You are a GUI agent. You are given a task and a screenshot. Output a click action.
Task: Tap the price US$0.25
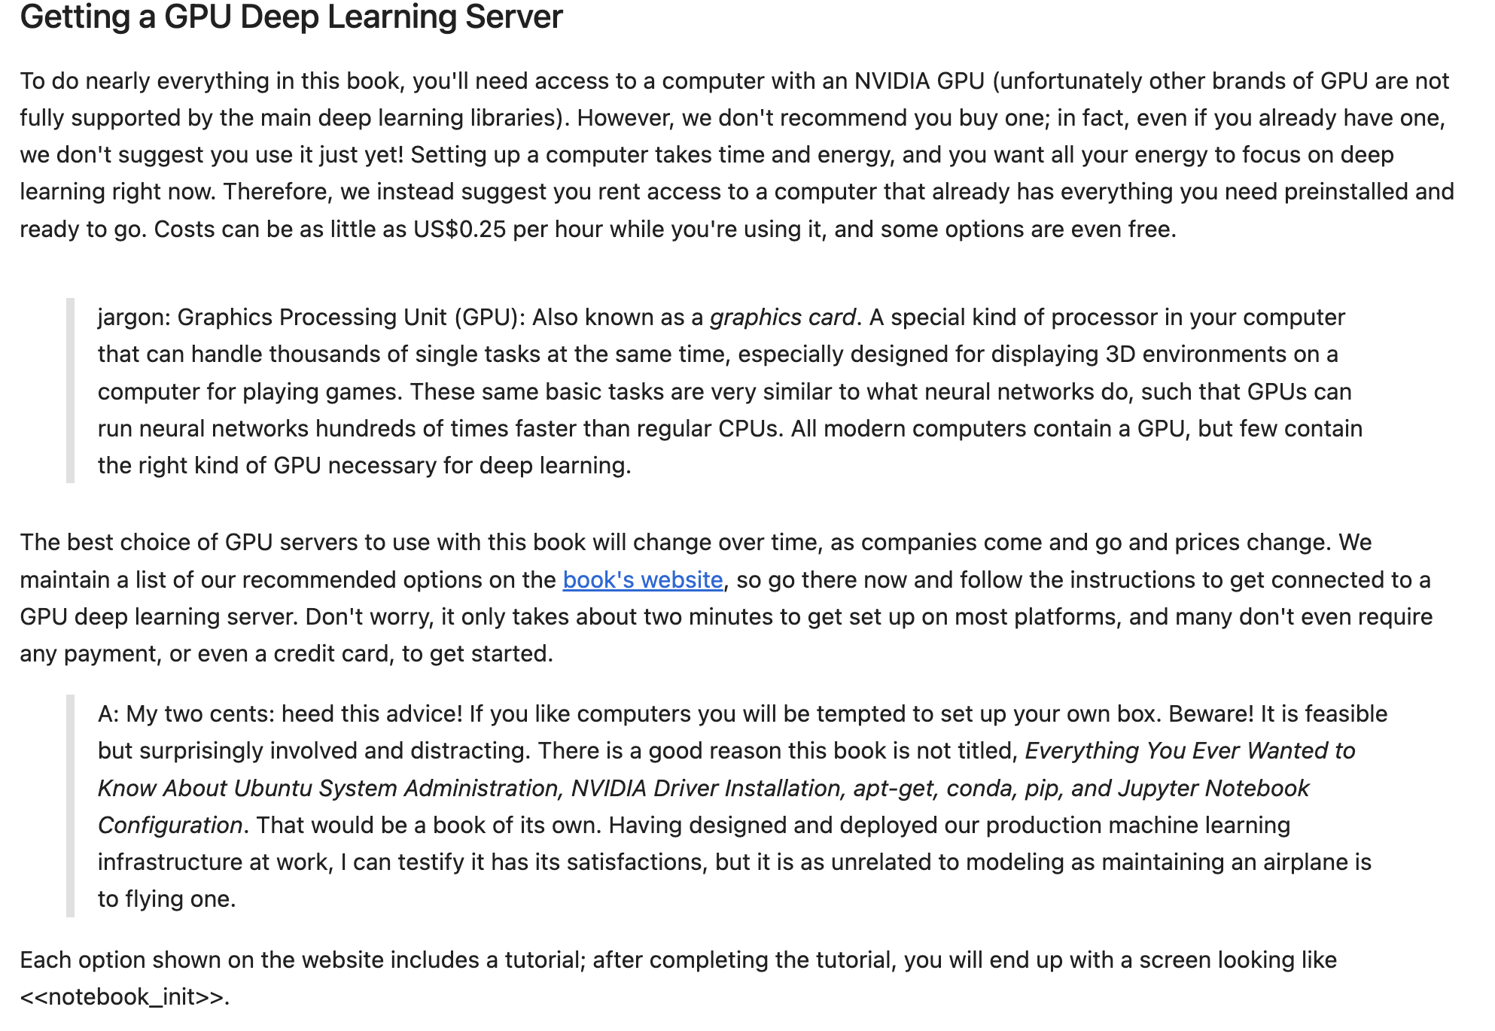click(x=459, y=229)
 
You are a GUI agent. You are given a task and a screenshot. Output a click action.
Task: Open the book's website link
click(x=642, y=579)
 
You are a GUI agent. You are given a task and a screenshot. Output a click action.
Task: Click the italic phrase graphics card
click(x=783, y=318)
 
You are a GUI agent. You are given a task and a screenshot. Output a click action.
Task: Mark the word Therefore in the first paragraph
click(x=276, y=191)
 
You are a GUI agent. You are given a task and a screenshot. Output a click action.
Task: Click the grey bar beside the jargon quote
click(x=70, y=391)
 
